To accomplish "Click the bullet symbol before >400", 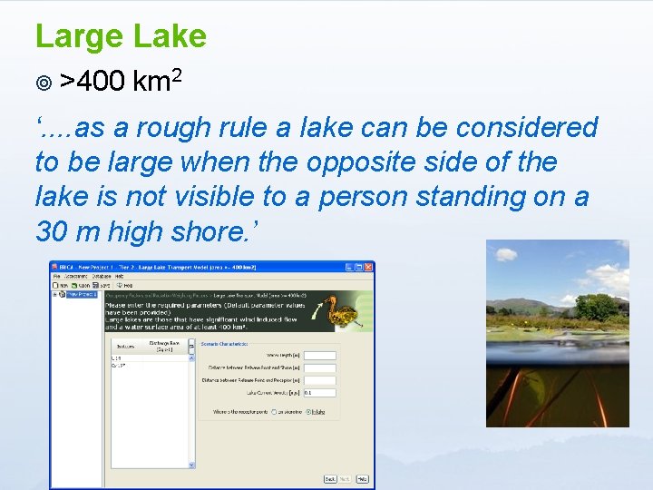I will [x=43, y=83].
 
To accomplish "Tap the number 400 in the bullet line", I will [x=101, y=83].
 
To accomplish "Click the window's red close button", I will [x=370, y=268].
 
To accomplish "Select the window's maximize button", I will [x=360, y=268].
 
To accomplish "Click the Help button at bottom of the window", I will [x=362, y=479].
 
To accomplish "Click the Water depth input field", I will [x=320, y=356].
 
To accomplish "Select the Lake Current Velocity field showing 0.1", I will [x=320, y=393].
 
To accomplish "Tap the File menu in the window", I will [x=56, y=276].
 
